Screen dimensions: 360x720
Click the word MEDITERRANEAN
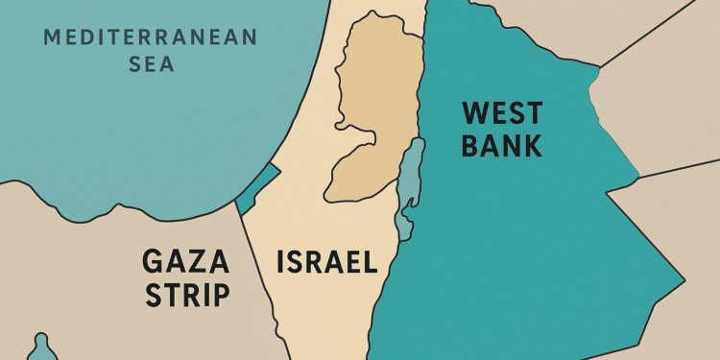tap(151, 39)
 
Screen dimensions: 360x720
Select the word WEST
tap(502, 114)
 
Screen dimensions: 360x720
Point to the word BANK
tap(501, 147)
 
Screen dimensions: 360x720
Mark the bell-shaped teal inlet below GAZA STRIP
tap(40, 348)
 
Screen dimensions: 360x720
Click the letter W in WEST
tap(473, 114)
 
